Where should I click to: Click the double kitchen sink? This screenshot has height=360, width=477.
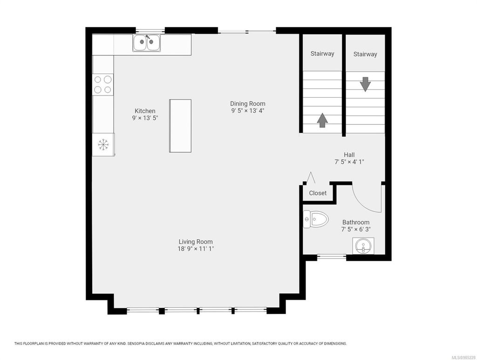tap(146, 43)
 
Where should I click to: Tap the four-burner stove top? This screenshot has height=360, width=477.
tap(103, 84)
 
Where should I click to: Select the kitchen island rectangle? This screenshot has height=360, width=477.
tap(180, 126)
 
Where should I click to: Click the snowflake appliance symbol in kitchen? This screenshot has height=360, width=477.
tap(103, 145)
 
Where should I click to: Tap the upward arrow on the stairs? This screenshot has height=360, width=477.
tap(322, 120)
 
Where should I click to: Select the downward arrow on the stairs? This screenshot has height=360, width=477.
tap(365, 84)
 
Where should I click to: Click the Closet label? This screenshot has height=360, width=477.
tap(318, 193)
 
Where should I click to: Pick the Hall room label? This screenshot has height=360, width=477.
tap(349, 155)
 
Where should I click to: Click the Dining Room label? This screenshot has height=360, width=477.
tap(247, 103)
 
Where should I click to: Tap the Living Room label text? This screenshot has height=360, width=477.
tap(196, 242)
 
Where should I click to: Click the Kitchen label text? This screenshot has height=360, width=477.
tap(145, 111)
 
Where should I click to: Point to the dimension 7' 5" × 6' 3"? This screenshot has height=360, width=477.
tap(356, 230)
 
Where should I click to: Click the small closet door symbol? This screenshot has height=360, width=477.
tap(311, 178)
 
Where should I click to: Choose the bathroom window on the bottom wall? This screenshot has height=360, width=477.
tap(332, 256)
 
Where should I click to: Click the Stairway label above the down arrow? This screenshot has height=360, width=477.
tap(365, 54)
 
